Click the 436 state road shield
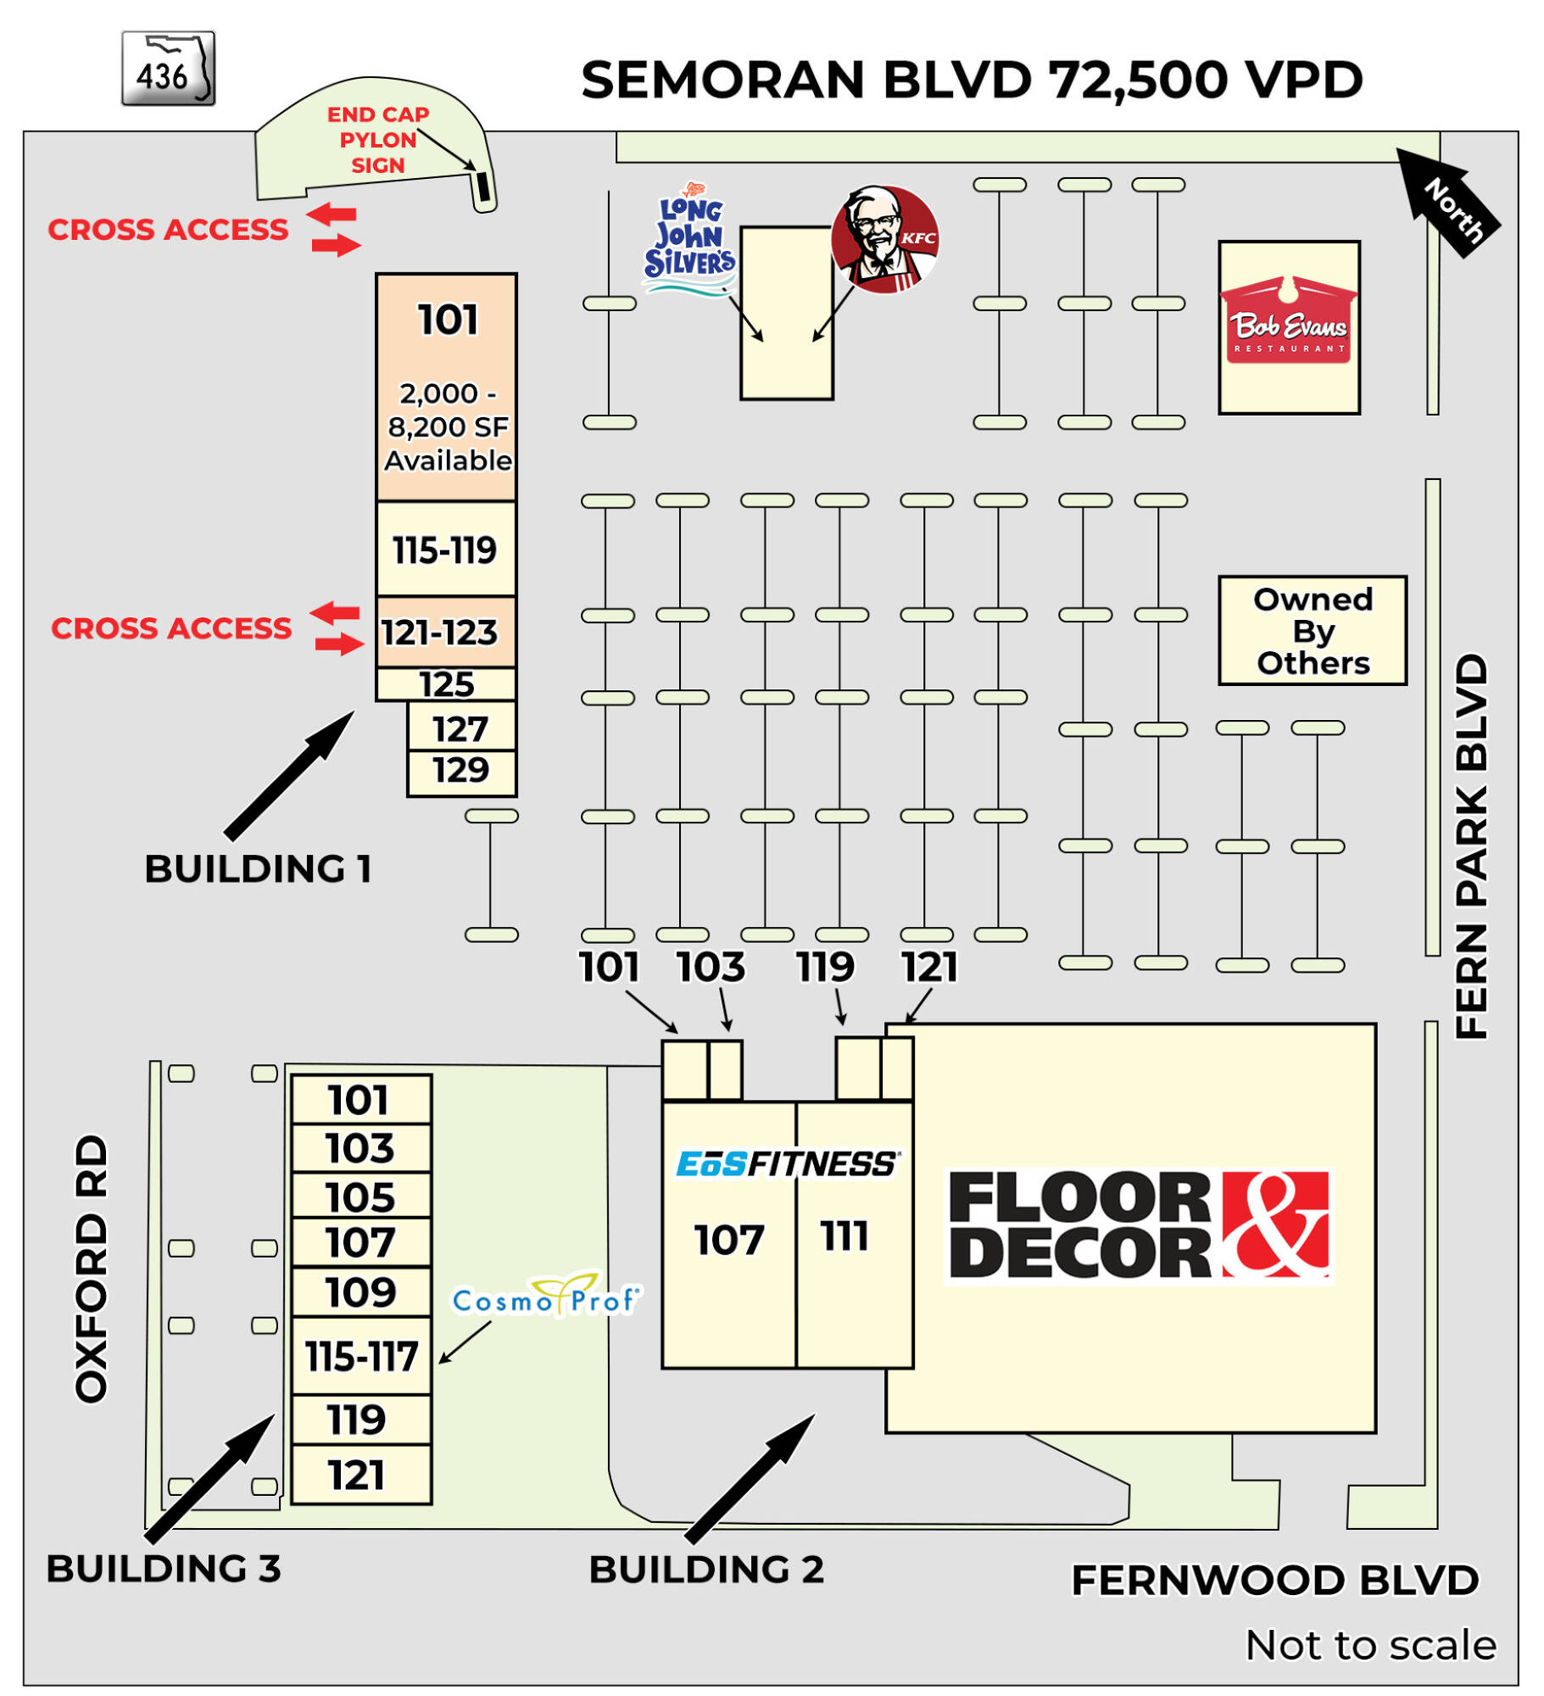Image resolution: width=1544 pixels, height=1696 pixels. coord(167,68)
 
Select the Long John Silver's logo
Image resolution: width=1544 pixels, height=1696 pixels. coord(688,239)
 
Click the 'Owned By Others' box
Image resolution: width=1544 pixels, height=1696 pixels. coord(1311,629)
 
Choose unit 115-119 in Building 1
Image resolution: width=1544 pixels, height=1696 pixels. coord(444,549)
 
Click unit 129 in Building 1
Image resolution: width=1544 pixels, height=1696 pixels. coord(460,770)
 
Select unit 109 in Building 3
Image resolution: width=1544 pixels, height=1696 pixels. coord(360,1291)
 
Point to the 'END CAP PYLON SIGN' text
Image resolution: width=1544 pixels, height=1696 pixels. coord(377,139)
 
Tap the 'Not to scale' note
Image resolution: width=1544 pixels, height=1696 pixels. coord(1368,1644)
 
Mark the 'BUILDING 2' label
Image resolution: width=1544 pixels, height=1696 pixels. coord(705,1569)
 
